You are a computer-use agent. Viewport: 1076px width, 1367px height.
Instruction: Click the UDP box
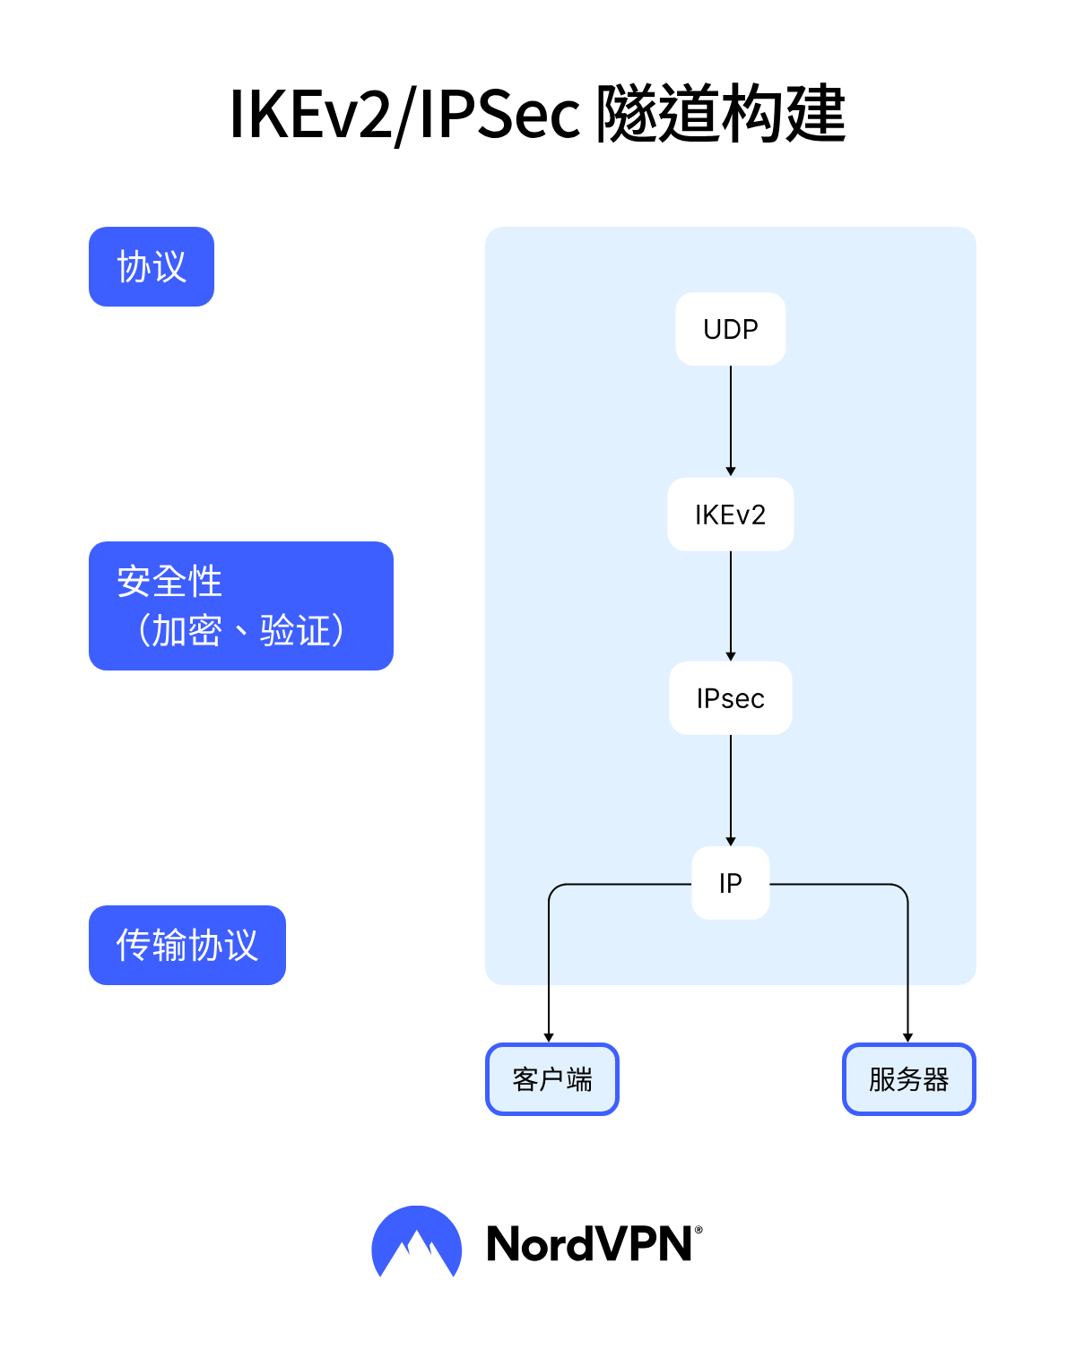pyautogui.click(x=730, y=329)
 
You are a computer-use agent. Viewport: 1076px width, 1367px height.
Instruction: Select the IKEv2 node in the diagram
pyautogui.click(x=730, y=515)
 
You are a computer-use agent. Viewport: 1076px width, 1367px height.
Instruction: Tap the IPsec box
pyautogui.click(x=730, y=698)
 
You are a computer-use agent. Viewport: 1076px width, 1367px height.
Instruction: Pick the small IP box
pyautogui.click(x=730, y=883)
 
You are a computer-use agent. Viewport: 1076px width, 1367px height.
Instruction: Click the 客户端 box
pyautogui.click(x=552, y=1079)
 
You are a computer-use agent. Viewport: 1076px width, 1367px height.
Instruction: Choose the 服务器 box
pyautogui.click(x=908, y=1079)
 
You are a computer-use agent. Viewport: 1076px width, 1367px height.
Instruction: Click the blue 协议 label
pyautogui.click(x=152, y=267)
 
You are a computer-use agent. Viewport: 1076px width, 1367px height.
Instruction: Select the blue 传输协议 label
pyautogui.click(x=187, y=945)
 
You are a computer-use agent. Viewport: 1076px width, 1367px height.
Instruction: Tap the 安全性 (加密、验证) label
pyautogui.click(x=241, y=606)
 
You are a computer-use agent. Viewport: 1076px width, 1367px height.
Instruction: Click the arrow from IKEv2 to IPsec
pyautogui.click(x=731, y=605)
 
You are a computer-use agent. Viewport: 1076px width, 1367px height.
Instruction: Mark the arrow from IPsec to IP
pyautogui.click(x=731, y=789)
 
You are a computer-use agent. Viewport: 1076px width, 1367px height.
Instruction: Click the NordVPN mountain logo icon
pyautogui.click(x=417, y=1242)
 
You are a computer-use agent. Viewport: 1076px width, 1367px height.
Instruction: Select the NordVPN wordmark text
pyautogui.click(x=589, y=1244)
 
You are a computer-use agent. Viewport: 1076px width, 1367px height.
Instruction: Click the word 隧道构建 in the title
pyautogui.click(x=721, y=115)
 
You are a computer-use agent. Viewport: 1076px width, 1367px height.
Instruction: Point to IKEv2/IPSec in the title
pyautogui.click(x=404, y=115)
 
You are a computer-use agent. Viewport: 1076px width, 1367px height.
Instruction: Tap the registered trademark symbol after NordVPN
pyautogui.click(x=699, y=1231)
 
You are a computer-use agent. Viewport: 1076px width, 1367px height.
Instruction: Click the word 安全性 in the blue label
pyautogui.click(x=169, y=582)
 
